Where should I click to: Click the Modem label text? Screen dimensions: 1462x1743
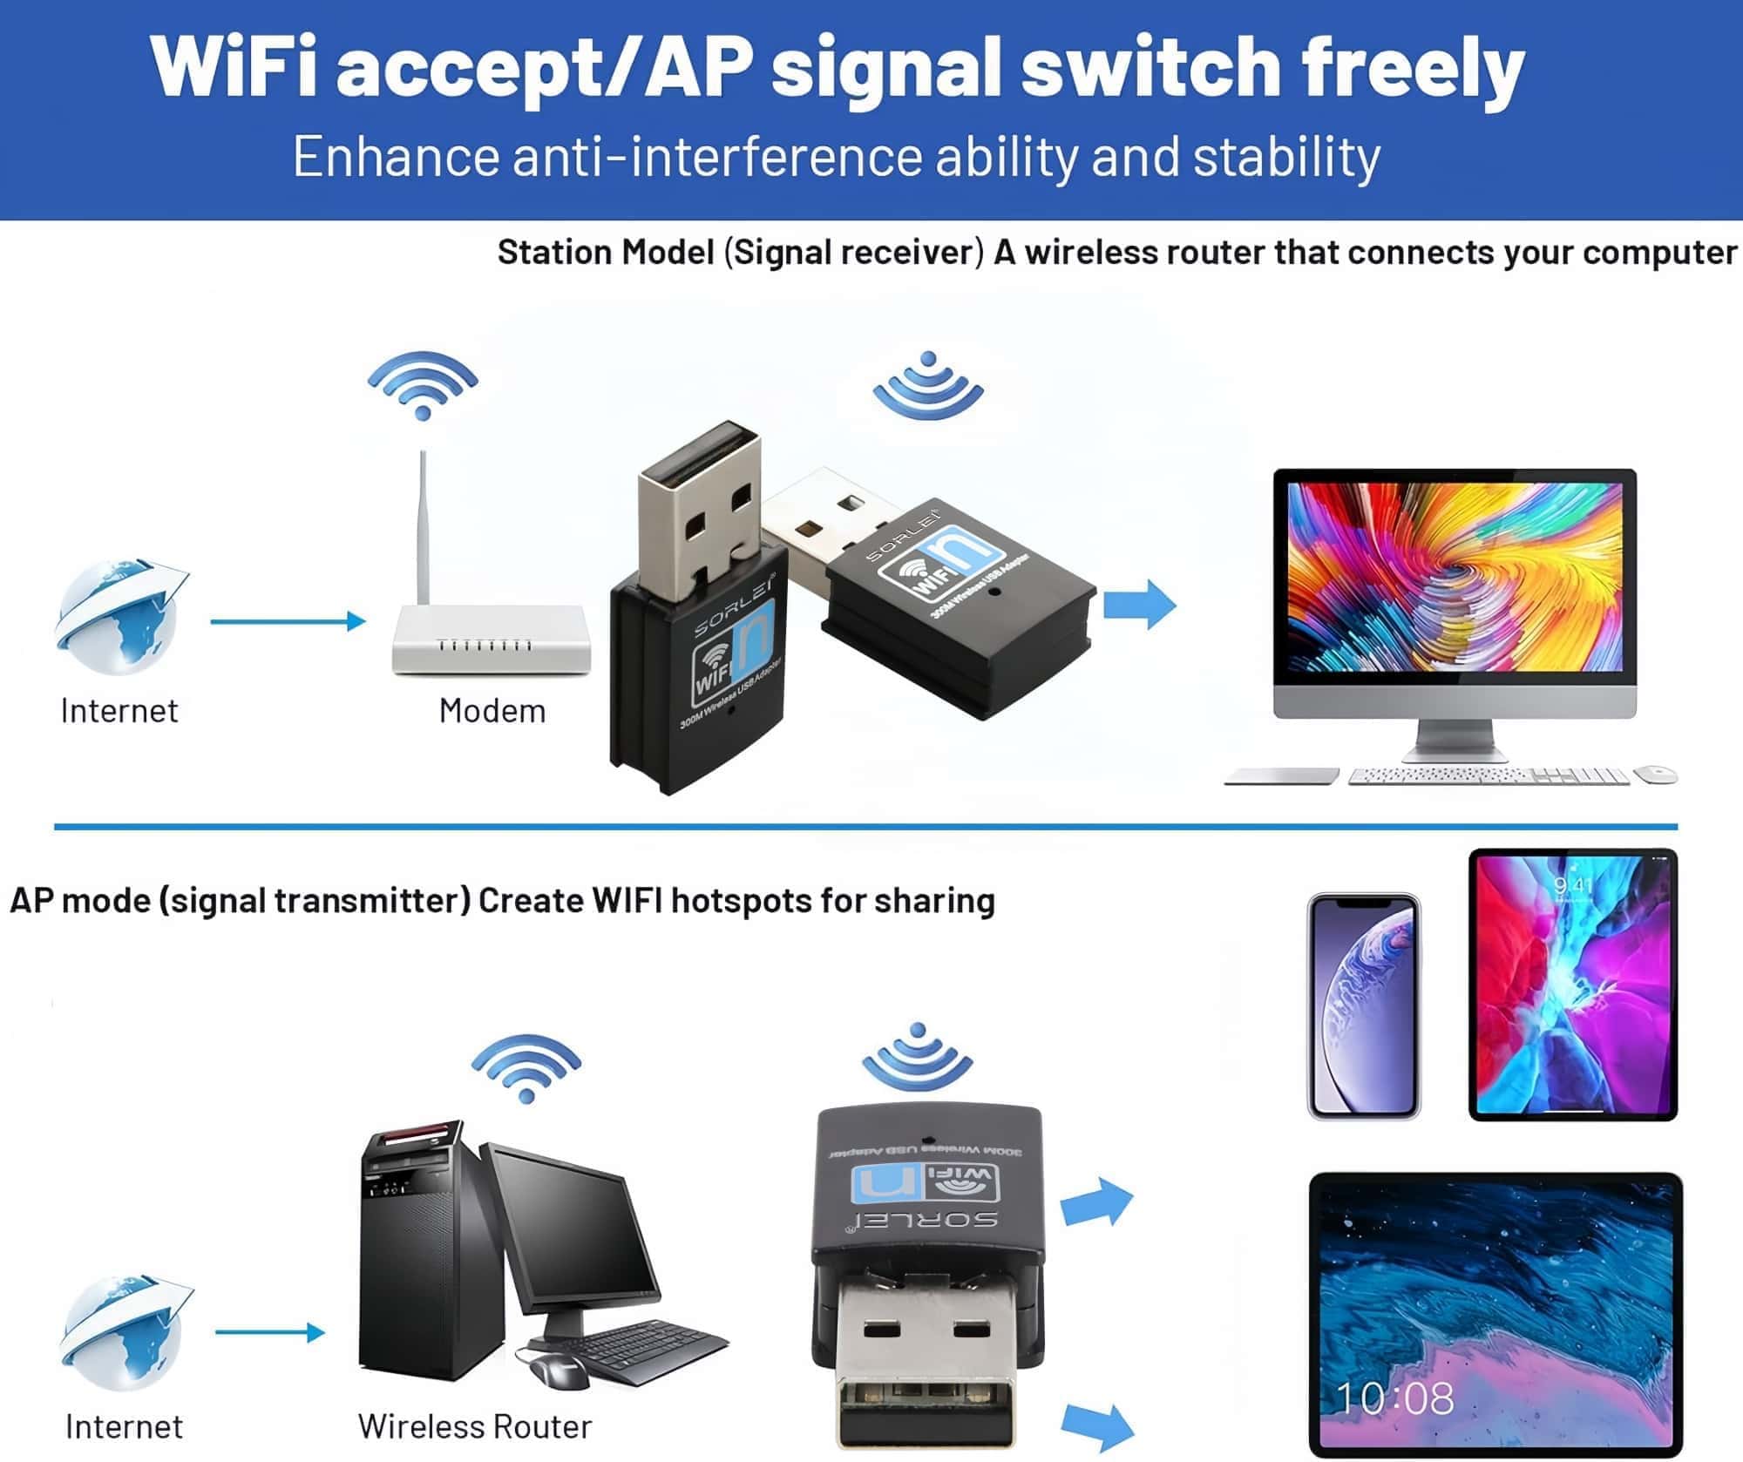(x=492, y=711)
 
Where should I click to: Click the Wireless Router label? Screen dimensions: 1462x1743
(x=474, y=1426)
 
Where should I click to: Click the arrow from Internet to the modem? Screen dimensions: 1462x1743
(x=288, y=621)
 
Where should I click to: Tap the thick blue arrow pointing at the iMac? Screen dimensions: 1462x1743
(x=1140, y=604)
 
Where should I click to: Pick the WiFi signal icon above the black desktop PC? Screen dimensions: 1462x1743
(x=526, y=1068)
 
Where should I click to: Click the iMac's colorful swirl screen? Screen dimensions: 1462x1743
(x=1455, y=577)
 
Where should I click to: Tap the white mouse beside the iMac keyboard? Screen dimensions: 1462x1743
(x=1654, y=774)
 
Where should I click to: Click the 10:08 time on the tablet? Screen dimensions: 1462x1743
(x=1394, y=1398)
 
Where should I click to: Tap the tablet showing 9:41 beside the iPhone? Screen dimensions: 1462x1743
(x=1572, y=985)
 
